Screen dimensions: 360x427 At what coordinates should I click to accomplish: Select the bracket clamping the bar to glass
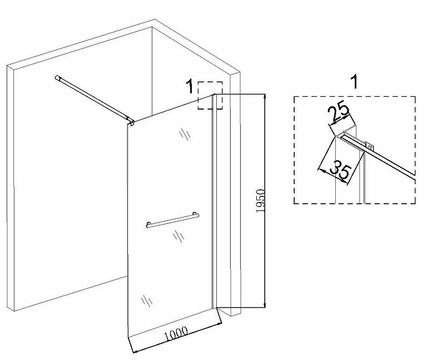tap(130, 120)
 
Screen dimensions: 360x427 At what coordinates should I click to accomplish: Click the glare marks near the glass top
tap(183, 135)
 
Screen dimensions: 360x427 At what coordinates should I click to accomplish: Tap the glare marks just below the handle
tap(179, 237)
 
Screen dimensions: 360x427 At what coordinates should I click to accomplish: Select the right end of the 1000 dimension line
tap(221, 323)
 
